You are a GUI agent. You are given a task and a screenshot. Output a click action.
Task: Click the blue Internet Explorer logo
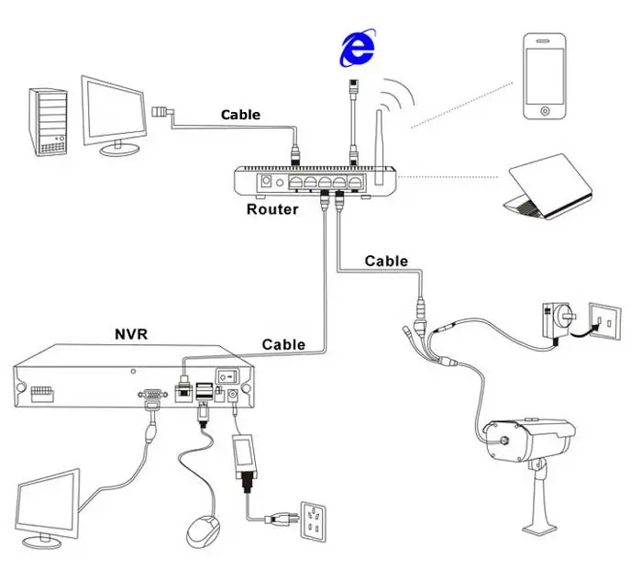click(358, 48)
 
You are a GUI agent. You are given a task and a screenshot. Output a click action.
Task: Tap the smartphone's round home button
click(545, 111)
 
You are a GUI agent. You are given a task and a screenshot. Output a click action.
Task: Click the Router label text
click(272, 209)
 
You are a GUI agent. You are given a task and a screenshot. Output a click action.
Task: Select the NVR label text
click(131, 334)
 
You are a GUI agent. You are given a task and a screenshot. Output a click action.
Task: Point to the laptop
click(548, 186)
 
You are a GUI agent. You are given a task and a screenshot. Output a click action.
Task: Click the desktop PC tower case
click(48, 122)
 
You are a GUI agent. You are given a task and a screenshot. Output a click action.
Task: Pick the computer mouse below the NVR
click(203, 531)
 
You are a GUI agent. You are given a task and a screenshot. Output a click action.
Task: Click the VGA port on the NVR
click(153, 394)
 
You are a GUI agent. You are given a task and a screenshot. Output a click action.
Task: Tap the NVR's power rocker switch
click(227, 374)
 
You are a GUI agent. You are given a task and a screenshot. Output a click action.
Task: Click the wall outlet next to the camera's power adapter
click(604, 321)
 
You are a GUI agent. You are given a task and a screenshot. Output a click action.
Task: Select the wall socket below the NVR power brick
click(314, 521)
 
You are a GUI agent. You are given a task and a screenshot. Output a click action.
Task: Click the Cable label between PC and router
click(240, 115)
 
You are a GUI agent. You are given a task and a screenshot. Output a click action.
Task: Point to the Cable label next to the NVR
click(283, 344)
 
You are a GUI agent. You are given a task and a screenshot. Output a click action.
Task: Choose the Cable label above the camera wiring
click(386, 261)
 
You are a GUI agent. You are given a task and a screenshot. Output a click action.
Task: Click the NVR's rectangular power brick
click(245, 456)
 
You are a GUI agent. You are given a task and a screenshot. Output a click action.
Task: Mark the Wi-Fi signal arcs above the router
click(396, 95)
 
